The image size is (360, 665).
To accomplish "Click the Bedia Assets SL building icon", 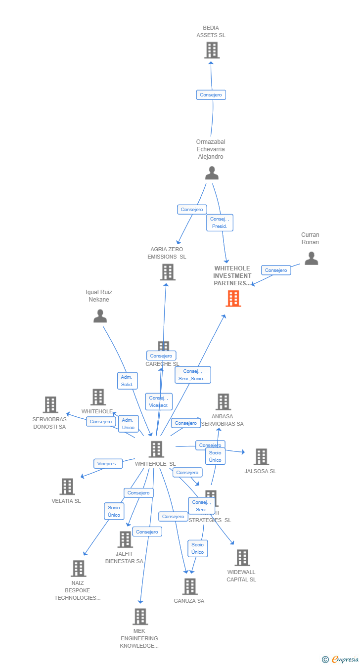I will click(212, 50).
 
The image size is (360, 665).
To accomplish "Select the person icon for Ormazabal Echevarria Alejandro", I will click(212, 173).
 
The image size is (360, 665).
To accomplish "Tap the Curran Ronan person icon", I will click(311, 258).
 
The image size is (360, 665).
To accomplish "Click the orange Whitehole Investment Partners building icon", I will click(233, 299).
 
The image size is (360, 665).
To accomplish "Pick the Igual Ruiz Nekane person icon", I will click(100, 316).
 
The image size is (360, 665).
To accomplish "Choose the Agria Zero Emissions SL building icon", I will click(168, 272).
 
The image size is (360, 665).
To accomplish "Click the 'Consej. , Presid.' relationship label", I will click(220, 222).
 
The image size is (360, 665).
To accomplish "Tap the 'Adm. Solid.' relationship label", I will click(128, 381).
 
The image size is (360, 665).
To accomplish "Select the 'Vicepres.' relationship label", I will click(108, 464).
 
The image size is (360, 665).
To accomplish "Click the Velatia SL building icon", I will click(67, 487).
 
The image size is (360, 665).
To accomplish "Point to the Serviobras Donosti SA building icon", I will click(50, 404).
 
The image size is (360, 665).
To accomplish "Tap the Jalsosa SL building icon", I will click(261, 457).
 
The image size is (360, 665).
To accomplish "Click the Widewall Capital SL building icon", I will click(242, 558).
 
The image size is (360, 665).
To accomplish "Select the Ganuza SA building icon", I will click(189, 586).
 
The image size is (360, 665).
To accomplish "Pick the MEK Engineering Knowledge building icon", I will click(140, 617).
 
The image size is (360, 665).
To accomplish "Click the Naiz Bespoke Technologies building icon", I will click(78, 569).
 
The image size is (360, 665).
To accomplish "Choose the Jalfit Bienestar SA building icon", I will click(125, 539).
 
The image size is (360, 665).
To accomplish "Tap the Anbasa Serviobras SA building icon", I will click(223, 402).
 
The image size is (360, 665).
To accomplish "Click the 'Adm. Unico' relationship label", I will click(128, 424).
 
